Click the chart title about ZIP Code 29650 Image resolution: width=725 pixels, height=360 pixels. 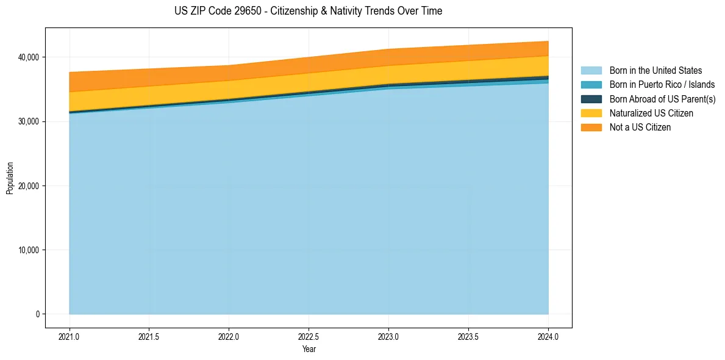tap(308, 11)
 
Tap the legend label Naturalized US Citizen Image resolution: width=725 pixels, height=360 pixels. tap(651, 113)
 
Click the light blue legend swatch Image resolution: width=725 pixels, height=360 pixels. tap(591, 71)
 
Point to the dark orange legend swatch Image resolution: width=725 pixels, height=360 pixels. tap(591, 128)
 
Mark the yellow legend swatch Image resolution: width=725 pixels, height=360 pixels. tap(591, 113)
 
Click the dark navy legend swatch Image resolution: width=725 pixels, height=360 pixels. tap(591, 99)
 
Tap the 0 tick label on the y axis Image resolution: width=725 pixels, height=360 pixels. tap(37, 314)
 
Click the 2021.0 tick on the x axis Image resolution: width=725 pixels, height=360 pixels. tap(69, 336)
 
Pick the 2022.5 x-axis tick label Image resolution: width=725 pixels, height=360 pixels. tap(309, 336)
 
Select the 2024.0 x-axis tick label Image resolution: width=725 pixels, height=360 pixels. tap(548, 336)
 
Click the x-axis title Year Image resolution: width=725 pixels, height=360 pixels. tap(309, 349)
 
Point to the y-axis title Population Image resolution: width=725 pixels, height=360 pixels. tap(10, 178)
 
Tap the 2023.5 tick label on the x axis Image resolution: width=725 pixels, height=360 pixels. tap(468, 336)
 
